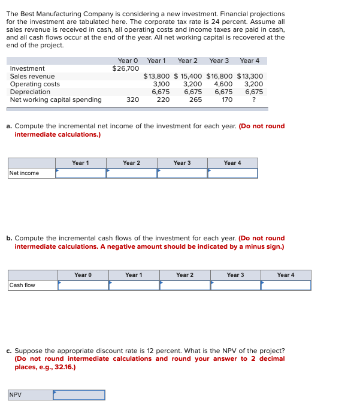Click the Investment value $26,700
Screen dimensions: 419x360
pyautogui.click(x=126, y=68)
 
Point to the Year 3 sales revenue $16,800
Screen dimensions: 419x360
pyautogui.click(x=219, y=76)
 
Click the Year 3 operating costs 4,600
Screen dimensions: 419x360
pyautogui.click(x=223, y=84)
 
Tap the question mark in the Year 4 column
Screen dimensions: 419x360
pyautogui.click(x=255, y=100)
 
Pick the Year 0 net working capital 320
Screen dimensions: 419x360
pyautogui.click(x=132, y=100)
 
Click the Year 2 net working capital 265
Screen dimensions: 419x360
pyautogui.click(x=195, y=100)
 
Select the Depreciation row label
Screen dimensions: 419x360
pyautogui.click(x=30, y=92)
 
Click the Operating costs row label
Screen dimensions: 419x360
pyautogui.click(x=35, y=84)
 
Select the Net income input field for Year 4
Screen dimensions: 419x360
pyautogui.click(x=232, y=173)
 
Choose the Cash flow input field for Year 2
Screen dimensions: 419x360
pyautogui.click(x=184, y=285)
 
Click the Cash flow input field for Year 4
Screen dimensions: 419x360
pyautogui.click(x=286, y=285)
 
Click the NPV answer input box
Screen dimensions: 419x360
pyautogui.click(x=79, y=395)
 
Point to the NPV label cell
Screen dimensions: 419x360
pyautogui.click(x=30, y=395)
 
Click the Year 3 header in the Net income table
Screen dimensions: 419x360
pyautogui.click(x=182, y=163)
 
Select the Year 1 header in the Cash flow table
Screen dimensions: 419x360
pyautogui.click(x=134, y=275)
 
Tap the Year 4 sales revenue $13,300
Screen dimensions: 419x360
pyautogui.click(x=250, y=76)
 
